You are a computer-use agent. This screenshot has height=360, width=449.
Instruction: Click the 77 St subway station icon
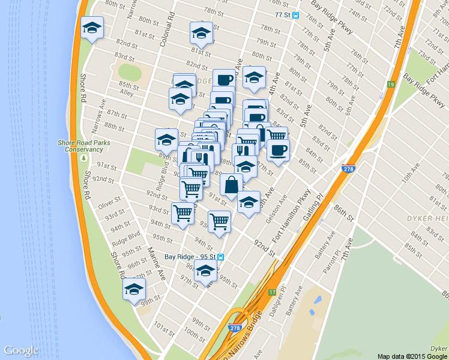[295, 16]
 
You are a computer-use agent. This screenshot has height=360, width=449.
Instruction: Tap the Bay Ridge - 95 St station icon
[221, 258]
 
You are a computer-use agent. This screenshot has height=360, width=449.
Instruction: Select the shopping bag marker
[231, 185]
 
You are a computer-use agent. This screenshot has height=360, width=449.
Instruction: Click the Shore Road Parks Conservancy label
[85, 145]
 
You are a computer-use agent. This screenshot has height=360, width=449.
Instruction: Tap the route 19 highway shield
[390, 85]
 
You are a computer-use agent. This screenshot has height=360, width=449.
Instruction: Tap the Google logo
[21, 350]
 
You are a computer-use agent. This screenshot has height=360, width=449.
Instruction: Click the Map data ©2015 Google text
[412, 356]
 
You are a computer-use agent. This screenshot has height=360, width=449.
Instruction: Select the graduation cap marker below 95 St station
[206, 274]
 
